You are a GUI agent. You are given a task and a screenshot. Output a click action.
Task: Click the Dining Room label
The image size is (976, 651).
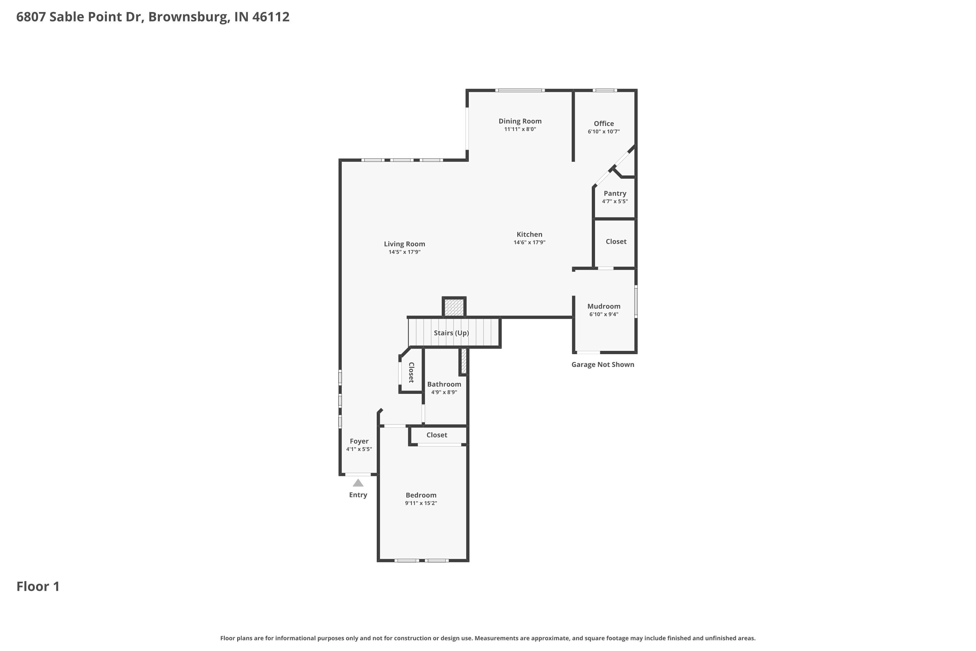(520, 121)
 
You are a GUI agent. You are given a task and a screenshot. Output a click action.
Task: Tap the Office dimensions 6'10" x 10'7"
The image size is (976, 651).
(603, 132)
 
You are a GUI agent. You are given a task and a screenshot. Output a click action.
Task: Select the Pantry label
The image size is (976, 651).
(615, 193)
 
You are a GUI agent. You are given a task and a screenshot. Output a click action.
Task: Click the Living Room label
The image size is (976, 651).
(404, 244)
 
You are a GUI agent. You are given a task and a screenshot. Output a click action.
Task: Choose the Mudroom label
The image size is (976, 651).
(603, 306)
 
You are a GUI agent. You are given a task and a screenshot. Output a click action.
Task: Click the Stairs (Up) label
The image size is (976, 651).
(451, 333)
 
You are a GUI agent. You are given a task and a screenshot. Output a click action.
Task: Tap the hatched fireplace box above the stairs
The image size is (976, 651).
(454, 308)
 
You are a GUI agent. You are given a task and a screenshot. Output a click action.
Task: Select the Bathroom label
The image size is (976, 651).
(444, 384)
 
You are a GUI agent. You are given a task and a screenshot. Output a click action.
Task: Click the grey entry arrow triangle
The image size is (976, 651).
(358, 483)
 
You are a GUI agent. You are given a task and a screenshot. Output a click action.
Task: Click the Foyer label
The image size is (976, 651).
(359, 441)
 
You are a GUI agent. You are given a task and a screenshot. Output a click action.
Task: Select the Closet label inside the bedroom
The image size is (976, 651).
(437, 435)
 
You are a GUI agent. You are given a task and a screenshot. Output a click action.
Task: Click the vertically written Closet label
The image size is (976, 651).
(411, 372)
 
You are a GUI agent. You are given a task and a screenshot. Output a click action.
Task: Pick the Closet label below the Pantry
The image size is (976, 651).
(616, 242)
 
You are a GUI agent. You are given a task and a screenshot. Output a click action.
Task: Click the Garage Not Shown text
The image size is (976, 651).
(603, 365)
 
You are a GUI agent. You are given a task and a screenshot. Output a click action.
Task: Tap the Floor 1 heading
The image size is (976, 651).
(38, 586)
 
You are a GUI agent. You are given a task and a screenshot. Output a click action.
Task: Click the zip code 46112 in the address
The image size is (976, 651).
(271, 17)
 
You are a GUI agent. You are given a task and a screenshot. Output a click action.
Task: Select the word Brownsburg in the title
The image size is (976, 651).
(188, 17)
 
